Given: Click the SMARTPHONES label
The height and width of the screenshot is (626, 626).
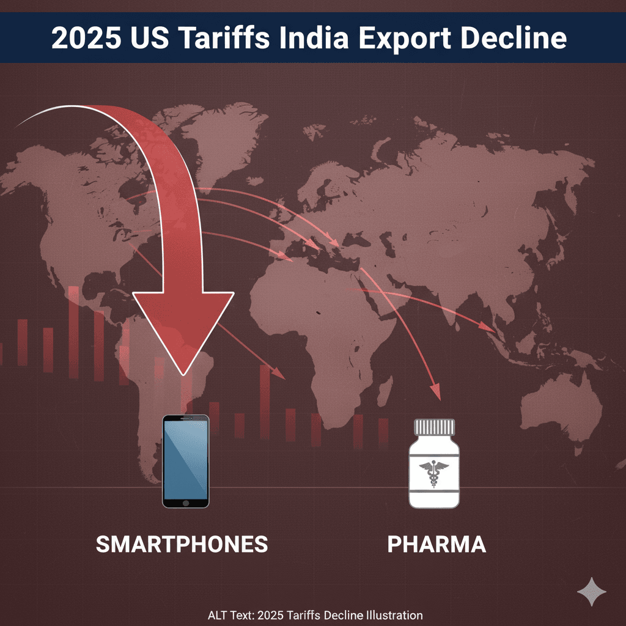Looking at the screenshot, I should (x=182, y=543).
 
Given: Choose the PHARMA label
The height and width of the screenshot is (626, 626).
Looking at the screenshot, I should (x=436, y=543).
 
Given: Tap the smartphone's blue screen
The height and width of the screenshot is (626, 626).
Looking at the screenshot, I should (x=185, y=457).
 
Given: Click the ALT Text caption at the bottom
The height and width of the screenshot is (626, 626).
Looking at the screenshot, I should (x=315, y=615).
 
